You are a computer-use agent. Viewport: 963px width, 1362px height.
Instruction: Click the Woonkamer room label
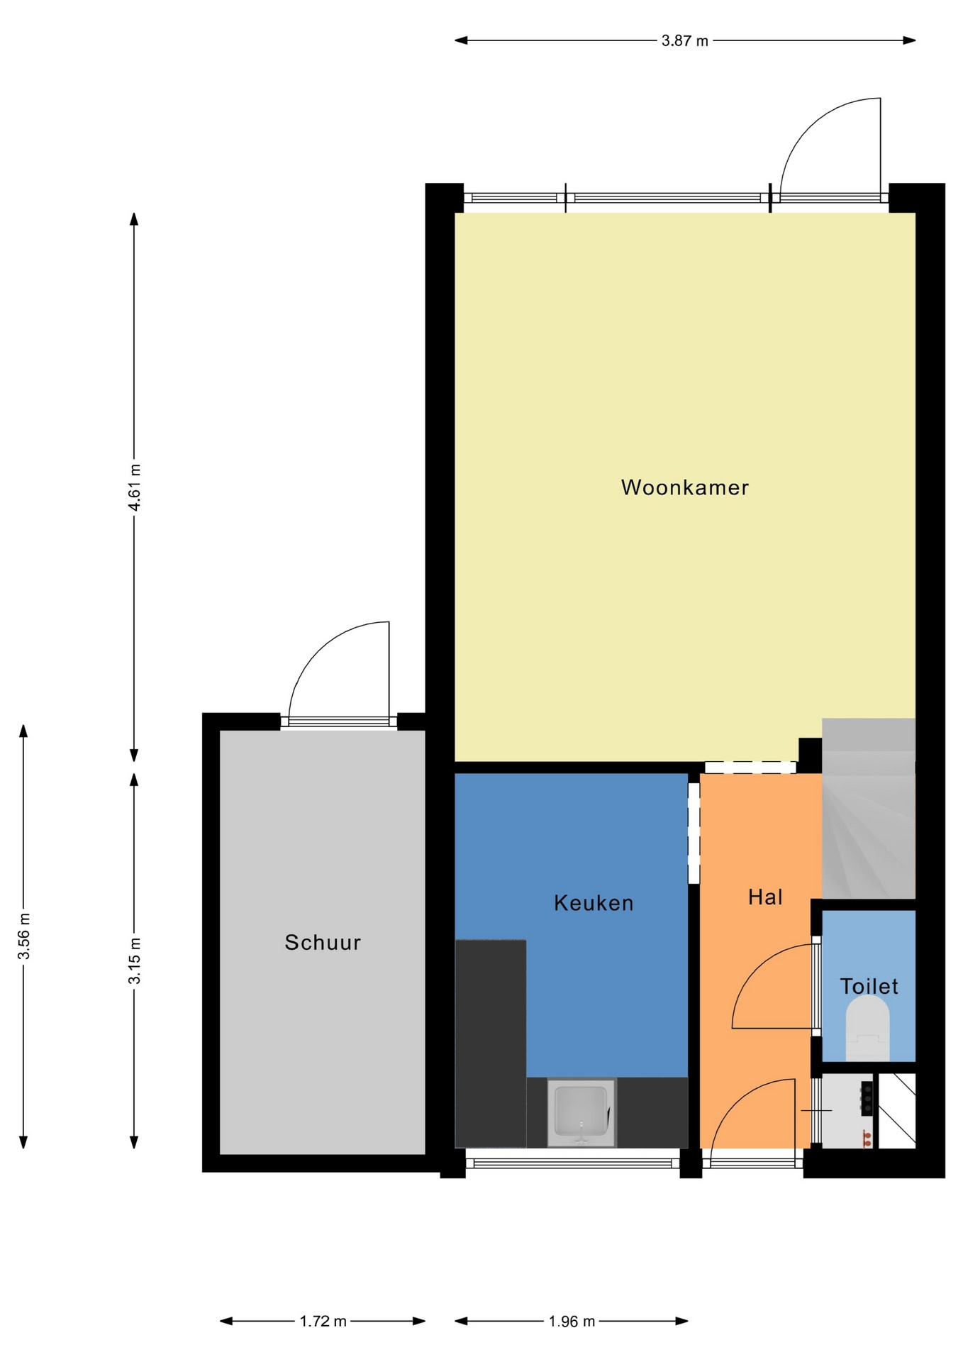pyautogui.click(x=684, y=487)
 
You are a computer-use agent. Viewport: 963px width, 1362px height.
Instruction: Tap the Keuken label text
pyautogui.click(x=594, y=903)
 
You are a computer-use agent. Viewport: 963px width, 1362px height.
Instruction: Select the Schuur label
pyautogui.click(x=323, y=942)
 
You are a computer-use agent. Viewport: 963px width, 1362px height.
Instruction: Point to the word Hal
pyautogui.click(x=765, y=897)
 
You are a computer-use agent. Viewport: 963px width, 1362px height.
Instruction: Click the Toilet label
pyautogui.click(x=869, y=986)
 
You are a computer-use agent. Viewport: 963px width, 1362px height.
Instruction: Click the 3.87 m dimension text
pyautogui.click(x=684, y=40)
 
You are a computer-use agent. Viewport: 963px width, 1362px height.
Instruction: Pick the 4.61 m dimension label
pyautogui.click(x=134, y=487)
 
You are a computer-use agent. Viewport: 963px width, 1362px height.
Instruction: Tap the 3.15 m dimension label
pyautogui.click(x=134, y=960)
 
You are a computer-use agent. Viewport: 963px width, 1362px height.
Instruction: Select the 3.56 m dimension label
pyautogui.click(x=23, y=936)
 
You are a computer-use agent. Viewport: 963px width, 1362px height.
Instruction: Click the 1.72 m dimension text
pyautogui.click(x=323, y=1321)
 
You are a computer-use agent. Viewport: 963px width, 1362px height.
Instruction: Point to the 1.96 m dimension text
pyautogui.click(x=572, y=1321)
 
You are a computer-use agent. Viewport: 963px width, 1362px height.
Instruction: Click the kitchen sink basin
pyautogui.click(x=581, y=1112)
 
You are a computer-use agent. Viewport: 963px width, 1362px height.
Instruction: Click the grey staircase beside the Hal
pyautogui.click(x=869, y=809)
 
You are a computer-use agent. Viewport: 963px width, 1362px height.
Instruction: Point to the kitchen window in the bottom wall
pyautogui.click(x=572, y=1163)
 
